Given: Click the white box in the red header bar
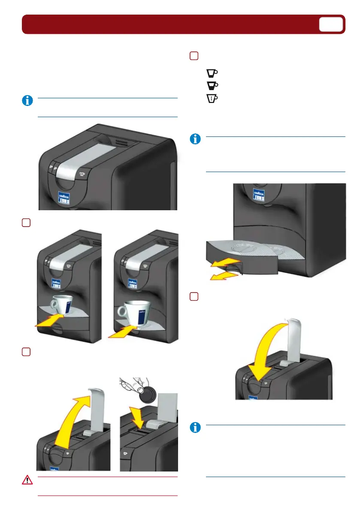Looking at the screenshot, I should tap(331, 24).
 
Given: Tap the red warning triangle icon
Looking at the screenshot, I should tap(27, 480).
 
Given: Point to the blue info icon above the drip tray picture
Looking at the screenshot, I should tap(195, 139).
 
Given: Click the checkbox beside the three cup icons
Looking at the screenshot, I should tap(194, 56).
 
